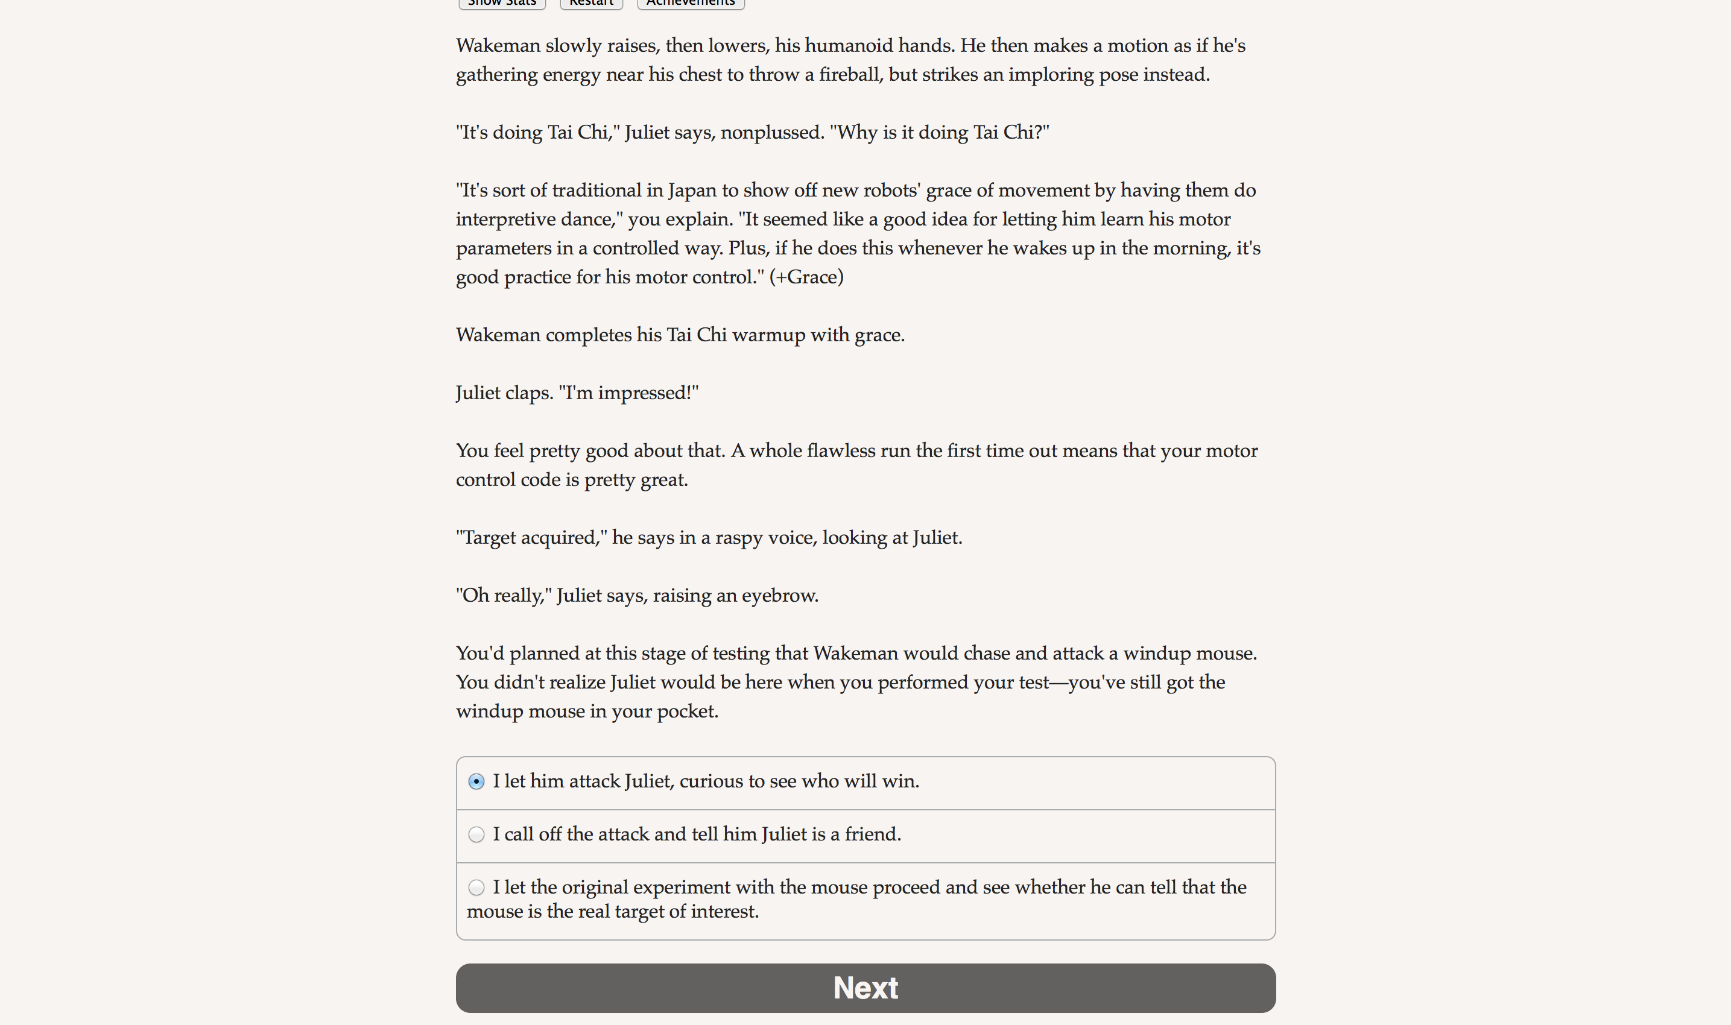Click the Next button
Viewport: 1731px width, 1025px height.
coord(865,988)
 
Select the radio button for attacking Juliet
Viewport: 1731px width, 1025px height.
coord(476,781)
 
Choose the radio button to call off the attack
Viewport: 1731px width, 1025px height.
coord(476,834)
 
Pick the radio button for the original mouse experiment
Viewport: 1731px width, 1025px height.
coord(476,888)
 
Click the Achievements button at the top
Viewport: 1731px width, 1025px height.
coord(690,4)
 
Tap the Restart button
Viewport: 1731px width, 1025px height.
coord(590,4)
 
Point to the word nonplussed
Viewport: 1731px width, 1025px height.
coord(771,133)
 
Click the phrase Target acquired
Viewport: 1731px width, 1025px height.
coord(529,538)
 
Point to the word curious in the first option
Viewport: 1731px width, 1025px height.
coord(712,781)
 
